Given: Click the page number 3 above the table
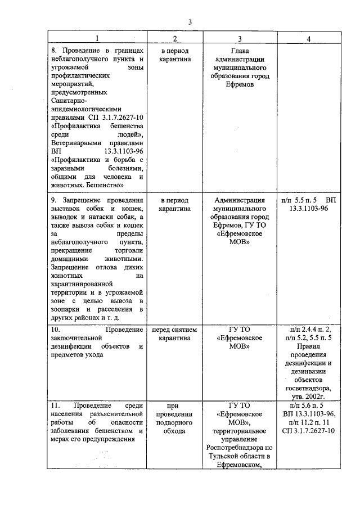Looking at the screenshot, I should tap(191, 22).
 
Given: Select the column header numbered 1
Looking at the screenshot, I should tap(96, 39).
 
